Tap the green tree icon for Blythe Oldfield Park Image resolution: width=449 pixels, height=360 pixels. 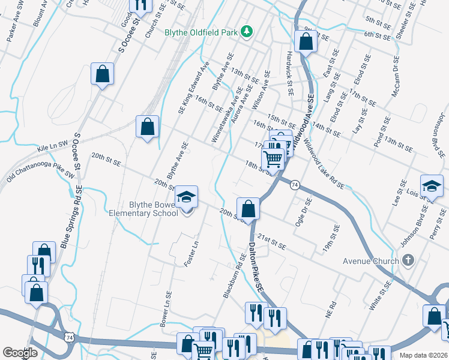coord(246,31)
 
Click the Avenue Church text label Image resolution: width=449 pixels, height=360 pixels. coord(370,261)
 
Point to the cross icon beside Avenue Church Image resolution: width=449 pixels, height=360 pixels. coord(408,260)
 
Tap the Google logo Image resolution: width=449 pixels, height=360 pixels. coord(20,353)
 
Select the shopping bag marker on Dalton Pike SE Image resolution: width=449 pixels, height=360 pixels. coord(248,209)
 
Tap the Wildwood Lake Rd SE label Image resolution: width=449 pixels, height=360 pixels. coord(324,164)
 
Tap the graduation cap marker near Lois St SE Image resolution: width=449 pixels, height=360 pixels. coord(432,187)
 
